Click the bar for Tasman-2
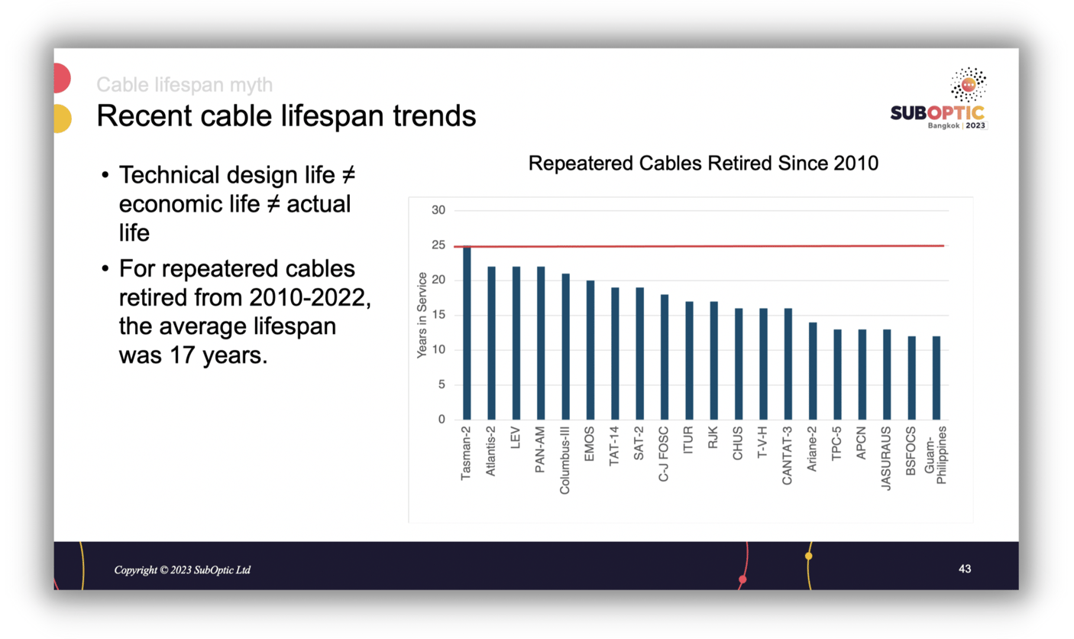[467, 333]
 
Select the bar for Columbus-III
[565, 347]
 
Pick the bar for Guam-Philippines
[936, 378]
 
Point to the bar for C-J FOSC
[665, 357]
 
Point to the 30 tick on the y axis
[438, 211]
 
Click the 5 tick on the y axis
[442, 385]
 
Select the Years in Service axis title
[421, 316]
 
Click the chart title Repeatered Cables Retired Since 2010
[704, 164]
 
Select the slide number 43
[965, 569]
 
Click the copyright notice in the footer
[183, 570]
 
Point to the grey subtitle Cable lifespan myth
[184, 84]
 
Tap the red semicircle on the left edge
[61, 78]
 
